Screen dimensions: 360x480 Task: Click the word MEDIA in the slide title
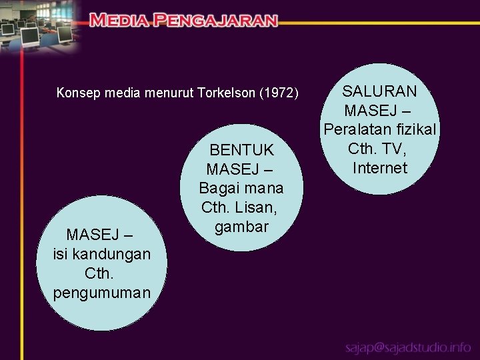119,20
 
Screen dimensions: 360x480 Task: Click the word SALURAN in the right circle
379,91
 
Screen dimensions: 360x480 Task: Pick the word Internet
379,167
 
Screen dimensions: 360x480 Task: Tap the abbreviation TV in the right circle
396,148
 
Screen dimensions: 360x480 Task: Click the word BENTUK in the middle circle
241,150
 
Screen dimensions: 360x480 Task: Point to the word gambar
241,227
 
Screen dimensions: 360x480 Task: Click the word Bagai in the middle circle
217,188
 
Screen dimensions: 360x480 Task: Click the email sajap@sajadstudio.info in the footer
408,348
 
